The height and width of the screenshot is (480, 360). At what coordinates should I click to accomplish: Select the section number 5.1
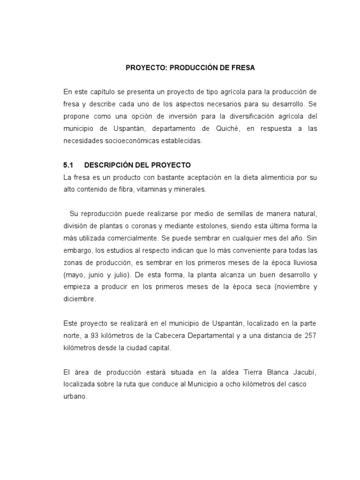click(69, 165)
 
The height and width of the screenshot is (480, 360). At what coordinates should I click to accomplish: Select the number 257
click(311, 336)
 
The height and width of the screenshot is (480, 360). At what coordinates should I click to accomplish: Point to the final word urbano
click(76, 397)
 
